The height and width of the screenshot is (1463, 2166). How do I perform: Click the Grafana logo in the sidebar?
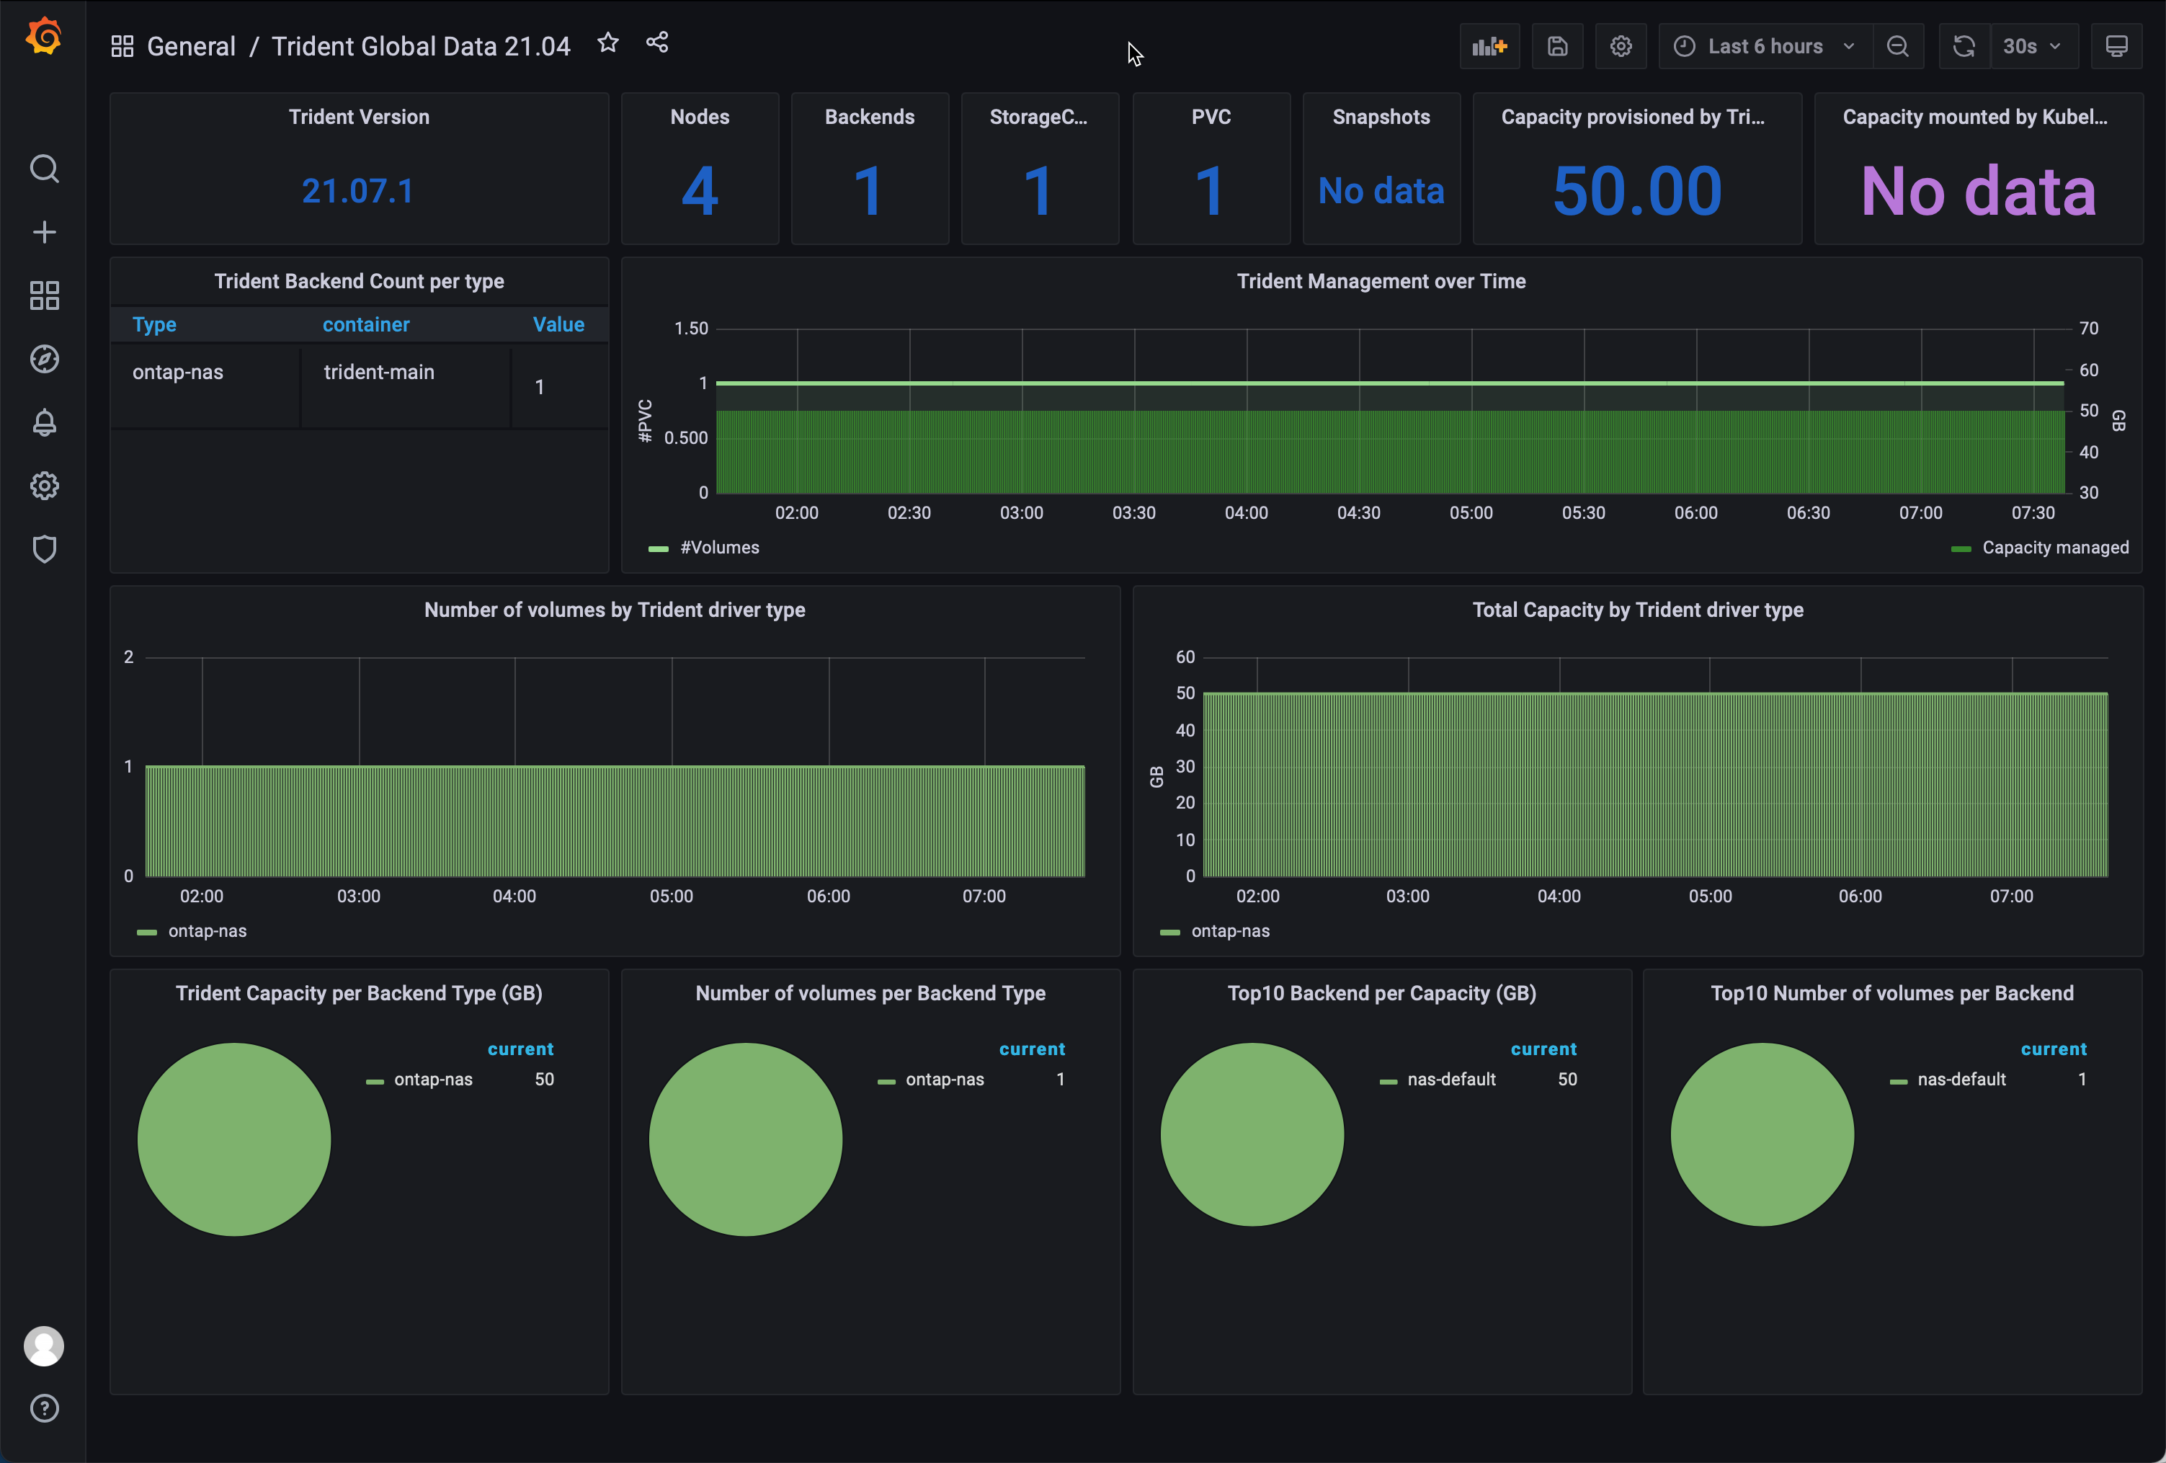(44, 37)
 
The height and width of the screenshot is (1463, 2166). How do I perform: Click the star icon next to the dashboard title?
(607, 43)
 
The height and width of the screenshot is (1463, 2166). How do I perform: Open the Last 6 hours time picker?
(1765, 47)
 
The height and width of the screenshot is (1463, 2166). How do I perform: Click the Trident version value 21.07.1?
(358, 191)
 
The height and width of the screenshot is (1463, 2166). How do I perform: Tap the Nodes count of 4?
(699, 191)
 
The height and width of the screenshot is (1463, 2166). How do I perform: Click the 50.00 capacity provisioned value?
(1636, 191)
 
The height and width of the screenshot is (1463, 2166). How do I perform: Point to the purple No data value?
(1978, 191)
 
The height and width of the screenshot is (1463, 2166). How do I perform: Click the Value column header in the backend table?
(558, 324)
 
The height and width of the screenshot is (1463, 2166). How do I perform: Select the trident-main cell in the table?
(378, 372)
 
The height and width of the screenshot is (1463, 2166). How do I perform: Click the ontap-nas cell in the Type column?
(178, 372)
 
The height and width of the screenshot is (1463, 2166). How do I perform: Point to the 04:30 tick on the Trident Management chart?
(1358, 513)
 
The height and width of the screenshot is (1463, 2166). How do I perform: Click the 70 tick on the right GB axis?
(2089, 328)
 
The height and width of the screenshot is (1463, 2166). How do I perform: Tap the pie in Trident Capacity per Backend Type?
(234, 1139)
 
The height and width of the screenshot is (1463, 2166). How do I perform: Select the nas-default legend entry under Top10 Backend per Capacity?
(1450, 1080)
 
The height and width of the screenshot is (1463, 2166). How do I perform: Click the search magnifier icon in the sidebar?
(44, 169)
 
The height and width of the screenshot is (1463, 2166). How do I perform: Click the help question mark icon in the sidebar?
(44, 1408)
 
